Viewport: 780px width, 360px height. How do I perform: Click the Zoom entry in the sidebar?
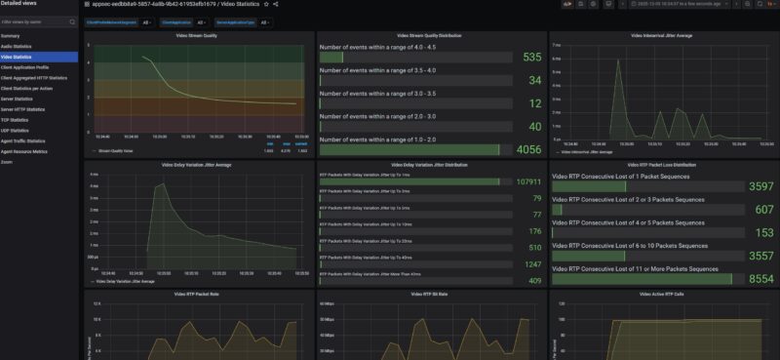(7, 162)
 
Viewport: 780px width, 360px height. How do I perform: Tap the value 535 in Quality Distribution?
(531, 58)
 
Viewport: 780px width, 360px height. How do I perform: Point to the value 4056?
(527, 149)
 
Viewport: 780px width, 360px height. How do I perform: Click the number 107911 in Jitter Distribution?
(529, 181)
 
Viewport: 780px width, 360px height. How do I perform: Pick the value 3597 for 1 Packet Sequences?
(760, 185)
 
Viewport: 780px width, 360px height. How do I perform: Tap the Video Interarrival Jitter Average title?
(662, 36)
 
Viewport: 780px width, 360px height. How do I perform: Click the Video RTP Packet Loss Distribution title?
(662, 165)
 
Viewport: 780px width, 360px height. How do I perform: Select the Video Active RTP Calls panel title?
(662, 294)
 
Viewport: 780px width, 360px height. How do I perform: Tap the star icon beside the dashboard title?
(265, 5)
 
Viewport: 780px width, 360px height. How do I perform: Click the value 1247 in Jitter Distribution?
(531, 264)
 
